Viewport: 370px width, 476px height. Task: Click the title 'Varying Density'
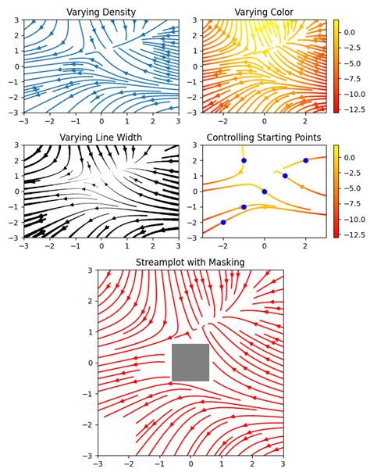click(x=101, y=13)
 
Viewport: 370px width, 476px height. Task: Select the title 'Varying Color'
click(x=265, y=13)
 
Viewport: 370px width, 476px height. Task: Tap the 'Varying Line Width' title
click(x=101, y=138)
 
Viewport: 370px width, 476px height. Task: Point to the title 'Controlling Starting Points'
click(x=264, y=138)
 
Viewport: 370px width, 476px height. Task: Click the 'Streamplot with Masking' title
click(x=190, y=263)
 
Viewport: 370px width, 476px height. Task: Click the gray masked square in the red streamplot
click(x=190, y=363)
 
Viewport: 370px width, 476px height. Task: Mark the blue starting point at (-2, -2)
click(x=223, y=222)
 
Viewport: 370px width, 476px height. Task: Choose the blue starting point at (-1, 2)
click(x=244, y=160)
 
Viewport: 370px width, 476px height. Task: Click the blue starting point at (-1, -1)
click(x=244, y=207)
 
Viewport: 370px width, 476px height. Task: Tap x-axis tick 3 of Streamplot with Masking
click(x=283, y=464)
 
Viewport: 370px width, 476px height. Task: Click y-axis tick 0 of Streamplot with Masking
click(x=91, y=363)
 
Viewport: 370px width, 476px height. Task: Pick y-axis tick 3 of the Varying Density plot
click(x=16, y=20)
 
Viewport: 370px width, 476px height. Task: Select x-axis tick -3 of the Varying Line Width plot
click(x=23, y=246)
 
